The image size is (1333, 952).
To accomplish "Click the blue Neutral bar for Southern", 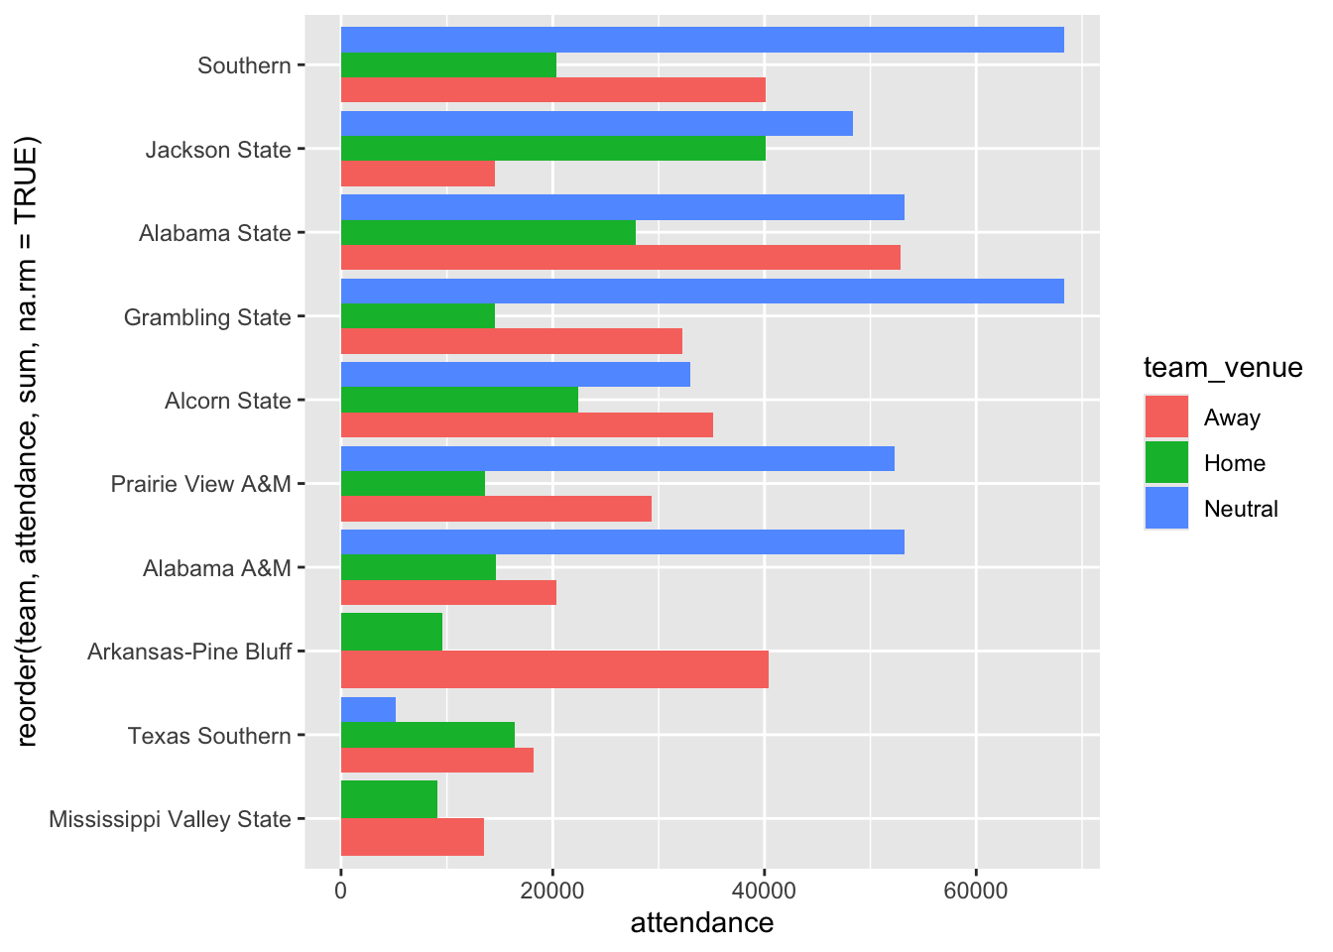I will [x=702, y=40].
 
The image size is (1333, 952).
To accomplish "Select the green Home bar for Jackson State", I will [x=552, y=149].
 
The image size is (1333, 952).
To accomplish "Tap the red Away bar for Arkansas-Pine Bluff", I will [x=554, y=669].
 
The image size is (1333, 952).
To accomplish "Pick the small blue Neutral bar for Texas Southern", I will [x=368, y=710].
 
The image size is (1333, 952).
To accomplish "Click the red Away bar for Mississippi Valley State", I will [x=412, y=838].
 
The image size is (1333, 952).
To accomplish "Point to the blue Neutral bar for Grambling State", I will [x=702, y=292].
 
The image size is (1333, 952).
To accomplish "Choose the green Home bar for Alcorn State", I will [x=459, y=400].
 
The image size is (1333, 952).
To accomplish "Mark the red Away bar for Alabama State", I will [x=620, y=258].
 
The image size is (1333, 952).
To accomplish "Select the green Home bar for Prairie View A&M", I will [x=413, y=484].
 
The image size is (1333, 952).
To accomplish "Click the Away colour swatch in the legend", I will [x=1166, y=417].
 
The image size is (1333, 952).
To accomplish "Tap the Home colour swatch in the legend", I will [x=1166, y=463].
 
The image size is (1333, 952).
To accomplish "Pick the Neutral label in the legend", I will [x=1241, y=509].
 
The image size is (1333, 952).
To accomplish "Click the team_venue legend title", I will [x=1223, y=368].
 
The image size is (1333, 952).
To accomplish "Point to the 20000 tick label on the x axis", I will [x=552, y=891].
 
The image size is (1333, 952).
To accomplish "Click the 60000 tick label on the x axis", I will [x=976, y=891].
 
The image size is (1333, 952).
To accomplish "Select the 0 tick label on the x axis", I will [x=341, y=891].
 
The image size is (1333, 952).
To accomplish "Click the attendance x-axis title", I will [x=701, y=923].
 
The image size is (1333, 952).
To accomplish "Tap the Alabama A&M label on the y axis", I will [x=217, y=568].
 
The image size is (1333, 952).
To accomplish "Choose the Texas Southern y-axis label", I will [x=209, y=736].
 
